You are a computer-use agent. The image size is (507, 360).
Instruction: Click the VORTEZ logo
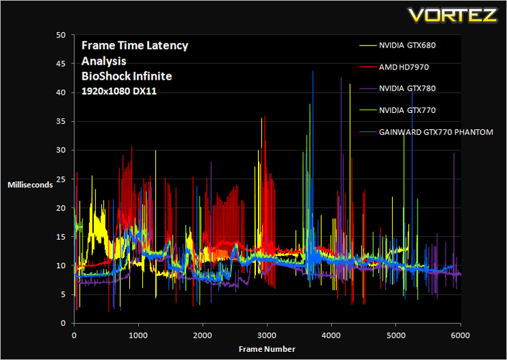tap(453, 15)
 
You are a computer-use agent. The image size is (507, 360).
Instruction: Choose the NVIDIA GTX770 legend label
tap(407, 110)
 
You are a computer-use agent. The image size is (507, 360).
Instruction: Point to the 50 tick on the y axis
tap(61, 35)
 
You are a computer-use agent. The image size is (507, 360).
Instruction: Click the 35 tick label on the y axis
tap(61, 121)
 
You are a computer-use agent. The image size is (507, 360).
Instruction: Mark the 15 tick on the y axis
tap(61, 237)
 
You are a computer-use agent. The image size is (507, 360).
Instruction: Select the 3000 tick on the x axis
tap(267, 336)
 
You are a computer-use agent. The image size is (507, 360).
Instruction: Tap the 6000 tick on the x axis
tap(460, 336)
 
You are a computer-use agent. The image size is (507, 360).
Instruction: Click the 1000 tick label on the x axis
tap(138, 336)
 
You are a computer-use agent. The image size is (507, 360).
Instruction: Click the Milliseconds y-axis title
tap(30, 185)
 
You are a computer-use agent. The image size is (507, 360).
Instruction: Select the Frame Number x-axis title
tap(267, 349)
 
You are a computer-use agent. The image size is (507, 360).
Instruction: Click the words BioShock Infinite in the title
tap(127, 76)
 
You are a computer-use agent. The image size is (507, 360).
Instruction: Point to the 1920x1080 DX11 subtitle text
tap(119, 91)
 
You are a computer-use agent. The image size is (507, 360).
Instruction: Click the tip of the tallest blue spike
tap(312, 71)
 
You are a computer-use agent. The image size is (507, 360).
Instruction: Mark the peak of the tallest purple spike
tap(341, 78)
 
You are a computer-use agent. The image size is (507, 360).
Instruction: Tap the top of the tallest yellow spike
tap(350, 84)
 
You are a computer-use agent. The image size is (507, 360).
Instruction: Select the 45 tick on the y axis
tap(61, 64)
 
